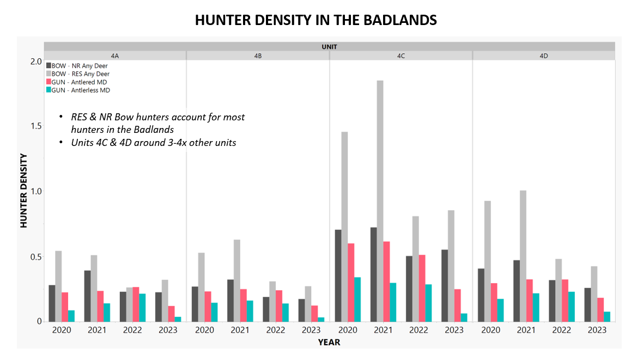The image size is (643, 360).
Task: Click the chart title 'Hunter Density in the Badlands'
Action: tap(316, 20)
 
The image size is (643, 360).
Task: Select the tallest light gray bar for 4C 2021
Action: tap(380, 201)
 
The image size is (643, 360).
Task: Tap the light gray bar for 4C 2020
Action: tap(344, 227)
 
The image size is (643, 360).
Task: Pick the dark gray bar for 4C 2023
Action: tap(445, 286)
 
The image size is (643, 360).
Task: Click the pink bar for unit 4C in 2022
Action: tap(422, 288)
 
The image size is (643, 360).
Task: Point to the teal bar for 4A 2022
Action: tap(142, 308)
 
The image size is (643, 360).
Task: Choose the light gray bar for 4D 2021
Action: tap(523, 256)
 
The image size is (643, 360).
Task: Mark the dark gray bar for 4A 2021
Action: tap(87, 296)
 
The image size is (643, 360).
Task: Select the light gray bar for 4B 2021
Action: tap(237, 281)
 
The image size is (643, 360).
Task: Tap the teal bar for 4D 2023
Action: tap(607, 317)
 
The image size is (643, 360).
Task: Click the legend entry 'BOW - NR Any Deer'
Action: tap(77, 65)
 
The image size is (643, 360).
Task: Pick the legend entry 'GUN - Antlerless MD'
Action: tap(78, 90)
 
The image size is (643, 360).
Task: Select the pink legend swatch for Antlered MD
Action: tap(49, 82)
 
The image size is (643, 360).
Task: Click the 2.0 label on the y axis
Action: tap(36, 62)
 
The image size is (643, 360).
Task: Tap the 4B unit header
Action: tap(258, 56)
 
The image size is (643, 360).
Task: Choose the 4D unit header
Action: tap(544, 56)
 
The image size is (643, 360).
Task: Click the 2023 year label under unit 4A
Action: tap(168, 330)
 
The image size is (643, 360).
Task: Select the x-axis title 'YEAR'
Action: tap(329, 343)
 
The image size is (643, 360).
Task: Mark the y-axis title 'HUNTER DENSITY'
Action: tap(23, 191)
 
